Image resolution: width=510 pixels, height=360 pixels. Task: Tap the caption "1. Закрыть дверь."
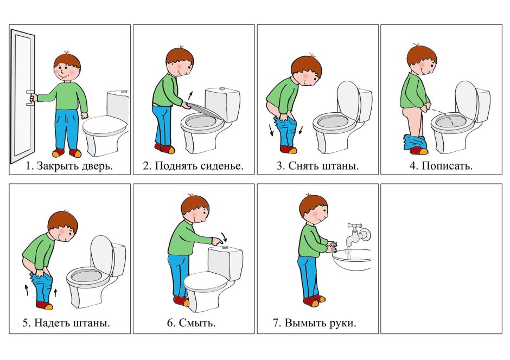pyautogui.click(x=69, y=166)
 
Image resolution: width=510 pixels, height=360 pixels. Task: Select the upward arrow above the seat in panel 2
pyautogui.click(x=190, y=95)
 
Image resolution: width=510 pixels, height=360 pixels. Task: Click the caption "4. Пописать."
pyautogui.click(x=441, y=166)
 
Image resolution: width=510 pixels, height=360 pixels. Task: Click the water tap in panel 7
pyautogui.click(x=358, y=233)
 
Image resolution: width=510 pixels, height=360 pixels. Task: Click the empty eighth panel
pyautogui.click(x=441, y=258)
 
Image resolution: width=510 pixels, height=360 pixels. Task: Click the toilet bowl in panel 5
pyautogui.click(x=87, y=280)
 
